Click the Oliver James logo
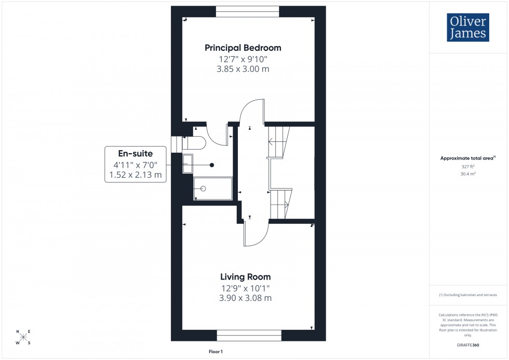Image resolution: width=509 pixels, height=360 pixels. (x=467, y=28)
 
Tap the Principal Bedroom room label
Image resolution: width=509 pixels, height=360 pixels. (x=243, y=48)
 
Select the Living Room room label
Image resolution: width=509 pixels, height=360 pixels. (x=245, y=277)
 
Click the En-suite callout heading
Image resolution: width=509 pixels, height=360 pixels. (x=136, y=154)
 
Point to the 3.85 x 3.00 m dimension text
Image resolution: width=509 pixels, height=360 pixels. (x=243, y=69)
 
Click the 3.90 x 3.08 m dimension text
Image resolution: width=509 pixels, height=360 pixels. (x=245, y=298)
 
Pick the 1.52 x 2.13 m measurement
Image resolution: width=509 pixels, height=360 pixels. (x=136, y=176)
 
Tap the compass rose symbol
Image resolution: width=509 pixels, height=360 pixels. (x=23, y=337)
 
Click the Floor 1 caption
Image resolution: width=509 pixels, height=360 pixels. (x=215, y=352)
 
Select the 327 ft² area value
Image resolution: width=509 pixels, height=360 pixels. (x=468, y=167)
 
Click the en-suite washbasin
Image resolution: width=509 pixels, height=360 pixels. (x=187, y=164)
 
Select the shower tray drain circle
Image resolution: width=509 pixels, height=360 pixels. (x=203, y=189)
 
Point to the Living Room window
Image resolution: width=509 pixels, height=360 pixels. (x=249, y=335)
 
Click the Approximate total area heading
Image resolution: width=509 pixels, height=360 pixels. (x=468, y=158)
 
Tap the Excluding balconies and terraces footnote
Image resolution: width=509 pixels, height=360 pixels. (x=468, y=295)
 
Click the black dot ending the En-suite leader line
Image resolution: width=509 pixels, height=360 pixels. (x=212, y=165)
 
